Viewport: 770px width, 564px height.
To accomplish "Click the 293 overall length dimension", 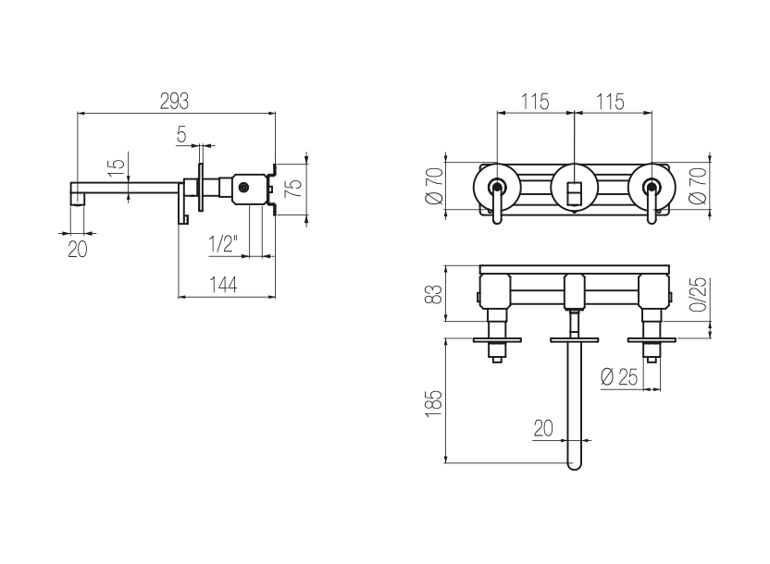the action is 174,102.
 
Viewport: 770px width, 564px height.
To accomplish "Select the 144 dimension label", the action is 223,285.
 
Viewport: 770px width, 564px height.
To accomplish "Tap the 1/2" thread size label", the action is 223,244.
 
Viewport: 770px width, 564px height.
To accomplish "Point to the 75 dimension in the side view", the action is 292,189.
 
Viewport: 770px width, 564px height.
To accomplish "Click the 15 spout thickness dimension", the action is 118,168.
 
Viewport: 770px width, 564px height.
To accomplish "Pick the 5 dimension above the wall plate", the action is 181,134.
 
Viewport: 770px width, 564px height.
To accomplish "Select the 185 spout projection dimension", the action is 434,404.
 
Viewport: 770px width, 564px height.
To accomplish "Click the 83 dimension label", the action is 434,294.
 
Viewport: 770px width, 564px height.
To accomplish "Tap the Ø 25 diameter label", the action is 619,377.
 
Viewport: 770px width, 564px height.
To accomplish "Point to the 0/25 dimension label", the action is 698,294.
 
